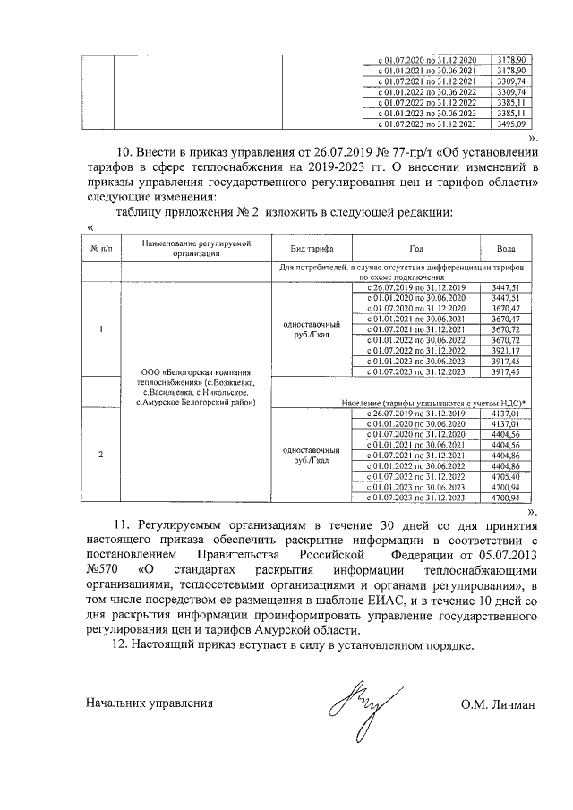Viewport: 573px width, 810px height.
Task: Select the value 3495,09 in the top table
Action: pos(510,124)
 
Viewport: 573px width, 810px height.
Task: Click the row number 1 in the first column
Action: pos(100,328)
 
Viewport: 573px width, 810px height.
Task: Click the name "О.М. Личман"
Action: pos(498,703)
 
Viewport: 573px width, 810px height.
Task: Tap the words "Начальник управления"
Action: pos(150,703)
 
